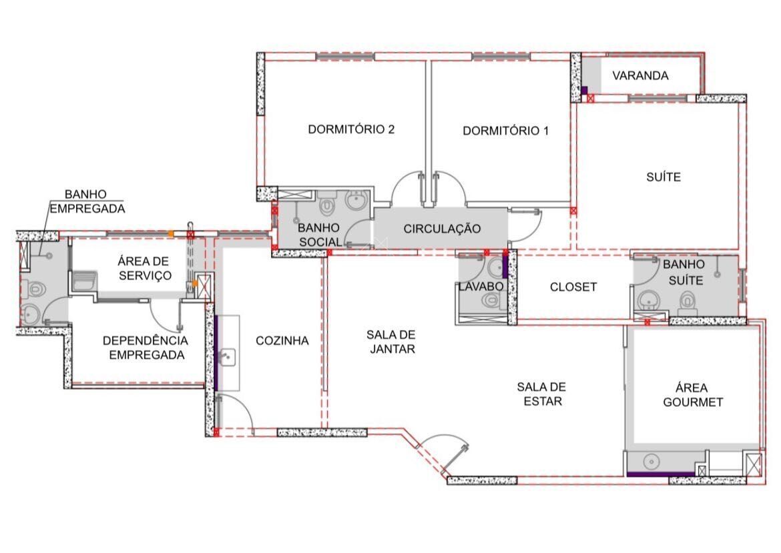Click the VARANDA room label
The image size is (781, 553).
640,75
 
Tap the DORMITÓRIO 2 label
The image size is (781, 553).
351,129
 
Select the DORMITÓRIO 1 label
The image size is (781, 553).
505,131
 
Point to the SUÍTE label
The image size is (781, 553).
664,177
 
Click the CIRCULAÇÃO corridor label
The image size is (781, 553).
442,229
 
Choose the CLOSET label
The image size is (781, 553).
573,288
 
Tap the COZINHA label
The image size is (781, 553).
282,340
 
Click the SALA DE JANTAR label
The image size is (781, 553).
392,342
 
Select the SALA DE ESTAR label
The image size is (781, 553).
542,394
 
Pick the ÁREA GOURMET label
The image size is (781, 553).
692,395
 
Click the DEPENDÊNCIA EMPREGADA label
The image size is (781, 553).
146,348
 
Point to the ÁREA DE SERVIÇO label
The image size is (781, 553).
144,267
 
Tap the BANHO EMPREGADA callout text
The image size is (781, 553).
87,201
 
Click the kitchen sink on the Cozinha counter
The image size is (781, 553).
227,356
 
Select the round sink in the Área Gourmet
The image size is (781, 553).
651,462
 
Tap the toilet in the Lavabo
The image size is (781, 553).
491,300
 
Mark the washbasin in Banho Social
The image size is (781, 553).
356,201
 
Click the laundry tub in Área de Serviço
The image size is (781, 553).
84,280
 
